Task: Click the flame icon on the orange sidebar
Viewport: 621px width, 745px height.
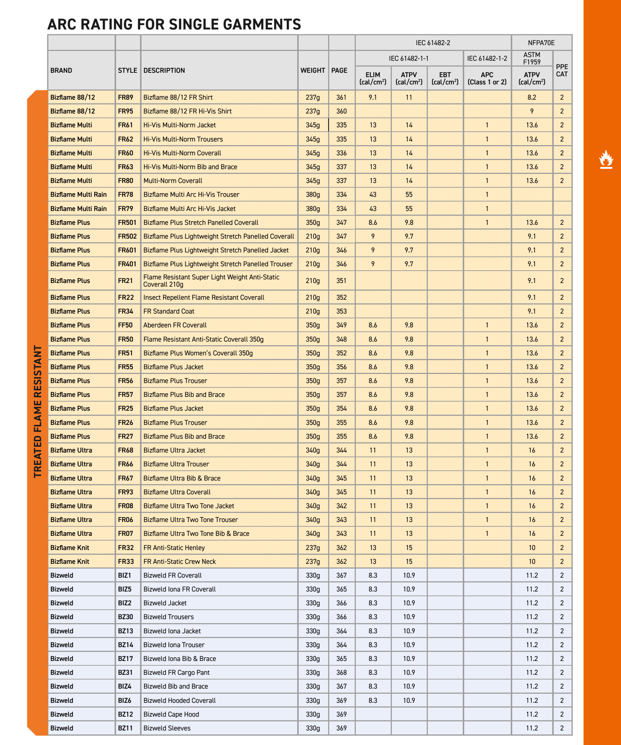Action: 606,160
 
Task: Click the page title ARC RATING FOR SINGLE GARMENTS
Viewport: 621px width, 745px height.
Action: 174,24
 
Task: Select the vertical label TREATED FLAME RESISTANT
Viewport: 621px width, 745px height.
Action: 38,411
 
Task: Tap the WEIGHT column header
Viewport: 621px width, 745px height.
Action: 313,71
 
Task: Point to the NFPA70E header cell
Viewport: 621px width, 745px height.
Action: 541,43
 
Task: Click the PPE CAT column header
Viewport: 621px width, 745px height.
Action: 562,71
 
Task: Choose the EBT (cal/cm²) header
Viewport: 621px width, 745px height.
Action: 445,78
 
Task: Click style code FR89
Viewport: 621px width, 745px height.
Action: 126,97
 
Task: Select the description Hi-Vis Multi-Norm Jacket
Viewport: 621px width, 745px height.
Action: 179,125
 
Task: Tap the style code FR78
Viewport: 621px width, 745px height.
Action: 126,195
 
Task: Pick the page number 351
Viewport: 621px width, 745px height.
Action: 341,281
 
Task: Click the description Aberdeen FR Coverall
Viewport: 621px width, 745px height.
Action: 175,325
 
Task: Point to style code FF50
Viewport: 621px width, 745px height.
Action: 126,325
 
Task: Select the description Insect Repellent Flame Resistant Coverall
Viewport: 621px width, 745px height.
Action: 204,298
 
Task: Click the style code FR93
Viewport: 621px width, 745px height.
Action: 126,492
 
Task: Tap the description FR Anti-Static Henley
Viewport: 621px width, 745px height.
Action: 174,548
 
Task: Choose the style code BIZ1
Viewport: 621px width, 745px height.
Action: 124,575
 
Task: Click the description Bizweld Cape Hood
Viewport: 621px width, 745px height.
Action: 171,714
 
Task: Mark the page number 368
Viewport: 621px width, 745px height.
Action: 341,673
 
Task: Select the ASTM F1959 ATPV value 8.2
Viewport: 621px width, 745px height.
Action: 532,97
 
